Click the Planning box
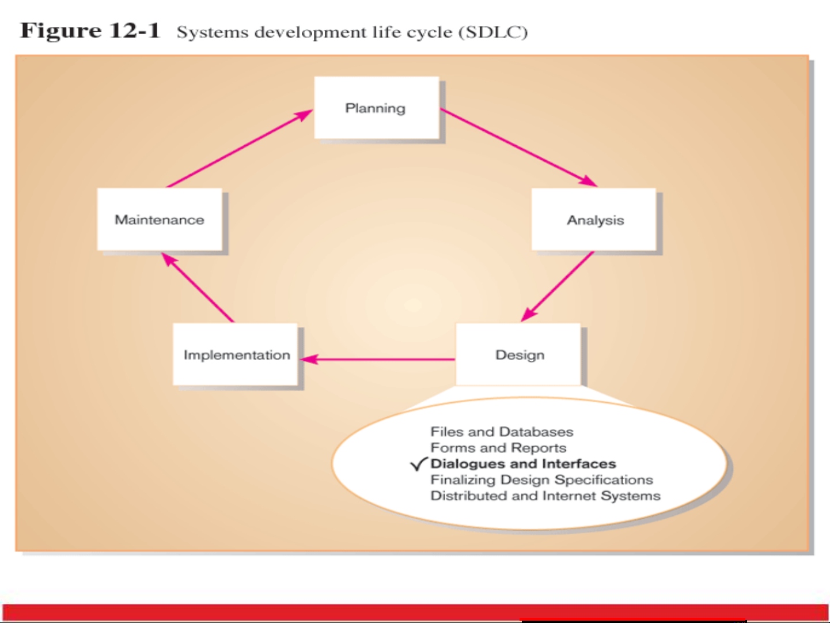click(377, 108)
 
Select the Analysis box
click(594, 220)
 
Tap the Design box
click(518, 354)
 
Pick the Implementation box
click(235, 354)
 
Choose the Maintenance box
click(160, 220)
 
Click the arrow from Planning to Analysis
click(519, 148)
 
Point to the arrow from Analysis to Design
click(558, 286)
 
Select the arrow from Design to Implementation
click(377, 359)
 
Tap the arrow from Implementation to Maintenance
click(198, 287)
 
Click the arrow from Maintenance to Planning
click(240, 148)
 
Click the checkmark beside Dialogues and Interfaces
click(419, 464)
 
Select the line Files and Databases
click(502, 432)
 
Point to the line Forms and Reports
click(498, 448)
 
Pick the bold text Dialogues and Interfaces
click(524, 464)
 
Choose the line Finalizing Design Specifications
click(542, 480)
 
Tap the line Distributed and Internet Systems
click(545, 496)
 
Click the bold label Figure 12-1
click(90, 31)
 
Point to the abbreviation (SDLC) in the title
click(493, 32)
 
